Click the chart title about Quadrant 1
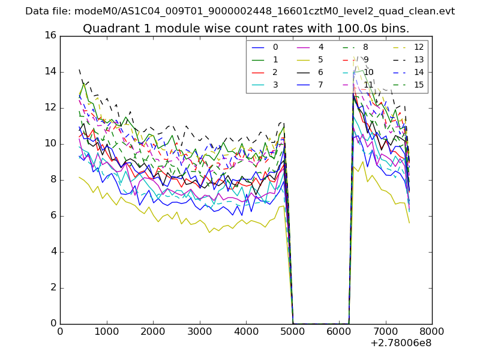click(x=246, y=28)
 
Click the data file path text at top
click(x=240, y=11)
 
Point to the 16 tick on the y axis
click(x=50, y=36)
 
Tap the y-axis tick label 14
click(x=50, y=72)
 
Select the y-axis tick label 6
click(x=53, y=216)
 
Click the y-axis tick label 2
click(x=53, y=288)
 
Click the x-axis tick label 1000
click(x=106, y=331)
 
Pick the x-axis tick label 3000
click(x=199, y=331)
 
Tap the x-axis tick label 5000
click(x=292, y=331)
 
